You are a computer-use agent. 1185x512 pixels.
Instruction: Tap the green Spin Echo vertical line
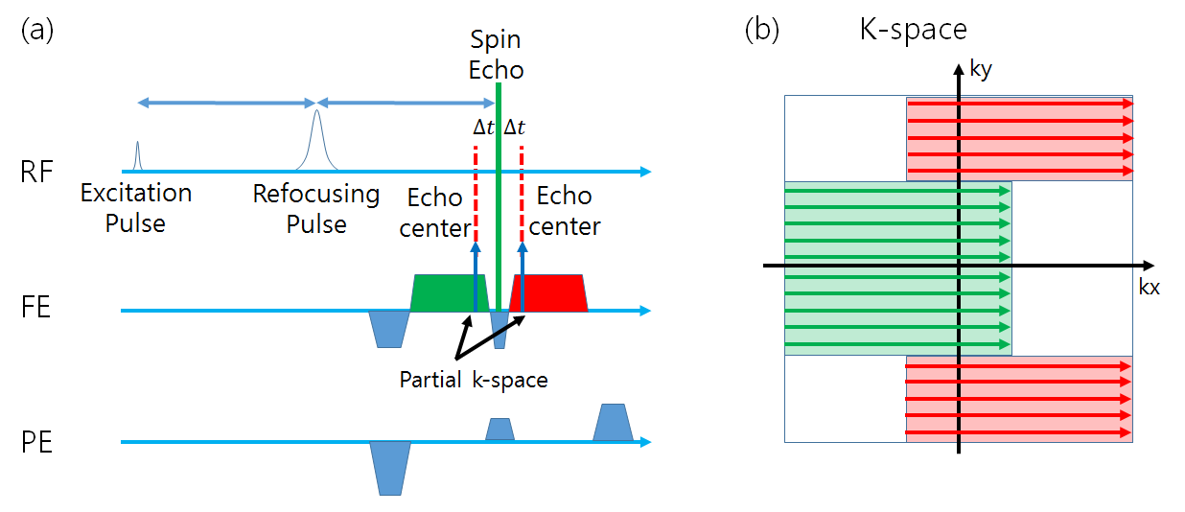499,192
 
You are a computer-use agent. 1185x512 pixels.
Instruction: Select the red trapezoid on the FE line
549,293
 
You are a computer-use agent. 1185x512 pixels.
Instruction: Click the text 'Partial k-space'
474,380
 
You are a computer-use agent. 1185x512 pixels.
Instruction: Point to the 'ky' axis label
979,70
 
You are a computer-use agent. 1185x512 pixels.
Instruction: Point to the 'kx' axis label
1149,287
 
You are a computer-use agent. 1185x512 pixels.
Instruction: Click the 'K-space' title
913,30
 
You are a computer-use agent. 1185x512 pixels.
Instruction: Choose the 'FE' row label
37,310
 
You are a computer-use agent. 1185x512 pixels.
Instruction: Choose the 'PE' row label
37,443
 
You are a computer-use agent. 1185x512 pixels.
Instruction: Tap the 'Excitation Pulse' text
136,208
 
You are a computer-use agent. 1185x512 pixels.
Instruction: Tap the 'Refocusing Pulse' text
316,208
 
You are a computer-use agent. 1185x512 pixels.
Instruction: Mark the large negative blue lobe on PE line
390,466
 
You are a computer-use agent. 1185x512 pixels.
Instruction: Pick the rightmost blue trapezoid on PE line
613,424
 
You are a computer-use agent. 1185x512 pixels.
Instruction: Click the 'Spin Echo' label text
497,55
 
